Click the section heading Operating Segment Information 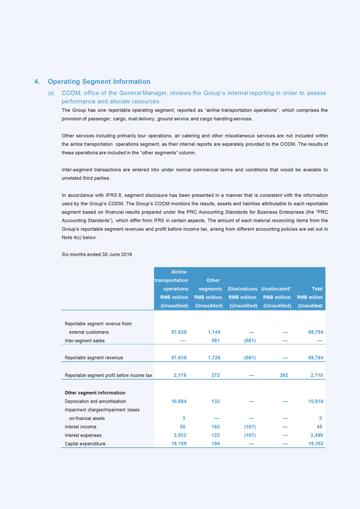(x=99, y=81)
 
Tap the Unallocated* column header (x=276, y=289)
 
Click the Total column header (x=316, y=289)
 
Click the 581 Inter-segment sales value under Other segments (x=216, y=341)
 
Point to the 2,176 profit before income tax (x=180, y=375)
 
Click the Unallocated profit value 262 (x=283, y=375)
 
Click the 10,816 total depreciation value (x=314, y=401)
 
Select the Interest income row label (x=80, y=427)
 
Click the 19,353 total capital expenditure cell (x=314, y=443)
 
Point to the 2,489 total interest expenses (x=315, y=435)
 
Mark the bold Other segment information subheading (x=95, y=392)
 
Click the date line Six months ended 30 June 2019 (x=97, y=254)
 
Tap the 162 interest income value (x=216, y=427)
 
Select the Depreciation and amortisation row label (x=95, y=401)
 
